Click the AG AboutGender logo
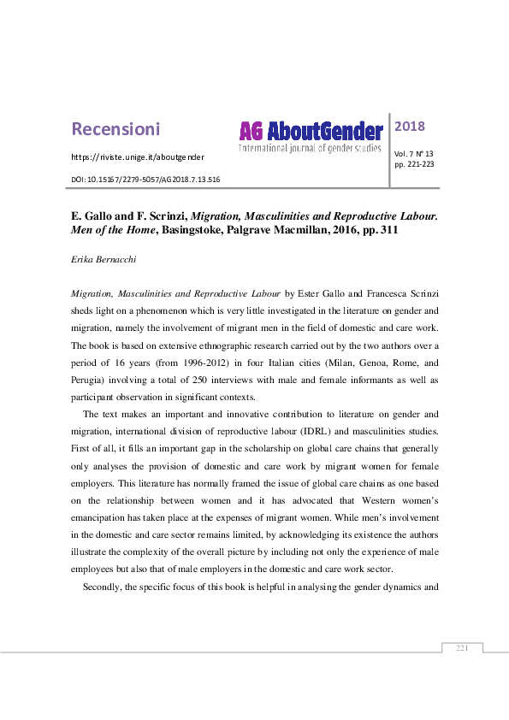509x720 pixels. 311,131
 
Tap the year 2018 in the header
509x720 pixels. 410,127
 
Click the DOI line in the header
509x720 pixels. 145,180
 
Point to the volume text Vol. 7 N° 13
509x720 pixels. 414,153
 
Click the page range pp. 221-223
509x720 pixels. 414,163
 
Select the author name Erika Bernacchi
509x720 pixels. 105,257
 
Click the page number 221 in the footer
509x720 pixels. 463,649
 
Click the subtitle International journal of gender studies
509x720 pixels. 311,149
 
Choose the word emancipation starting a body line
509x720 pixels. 104,520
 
